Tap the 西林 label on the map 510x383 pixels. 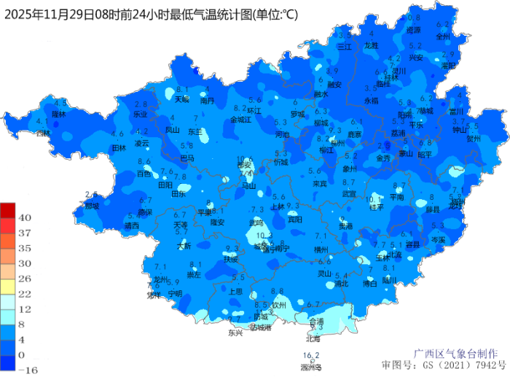coord(44,134)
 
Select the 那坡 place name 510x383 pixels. coord(91,206)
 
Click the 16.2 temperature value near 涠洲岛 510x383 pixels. coord(311,355)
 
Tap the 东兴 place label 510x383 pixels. coord(235,333)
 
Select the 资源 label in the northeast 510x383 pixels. coord(413,31)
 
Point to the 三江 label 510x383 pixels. coord(345,46)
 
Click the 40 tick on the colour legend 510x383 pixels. coord(24,217)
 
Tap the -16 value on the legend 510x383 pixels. coord(27,370)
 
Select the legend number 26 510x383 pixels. coord(24,279)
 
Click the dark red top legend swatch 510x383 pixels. coord(7,210)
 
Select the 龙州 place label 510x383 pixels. coord(161,280)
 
